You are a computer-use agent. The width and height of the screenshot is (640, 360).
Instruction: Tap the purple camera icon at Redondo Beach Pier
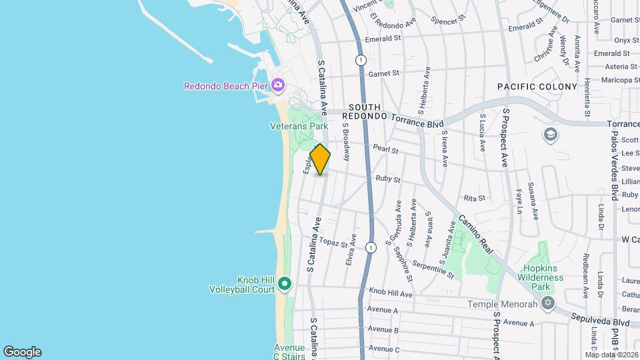(278, 85)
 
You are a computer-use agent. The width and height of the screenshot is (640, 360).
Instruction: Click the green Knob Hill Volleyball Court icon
(285, 285)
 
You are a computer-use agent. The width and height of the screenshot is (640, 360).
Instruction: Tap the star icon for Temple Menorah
(548, 304)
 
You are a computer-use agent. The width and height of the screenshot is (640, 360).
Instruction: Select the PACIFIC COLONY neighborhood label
(537, 87)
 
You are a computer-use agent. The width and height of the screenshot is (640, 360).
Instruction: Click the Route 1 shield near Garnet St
(361, 60)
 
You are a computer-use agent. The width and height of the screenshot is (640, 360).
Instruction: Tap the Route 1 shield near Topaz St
(371, 247)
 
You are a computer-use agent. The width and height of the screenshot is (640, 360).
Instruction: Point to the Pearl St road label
(385, 151)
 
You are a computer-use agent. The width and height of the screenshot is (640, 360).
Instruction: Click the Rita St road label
(474, 199)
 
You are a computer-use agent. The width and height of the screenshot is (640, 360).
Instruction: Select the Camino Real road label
(475, 236)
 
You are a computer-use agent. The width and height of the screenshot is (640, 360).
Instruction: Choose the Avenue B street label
(383, 329)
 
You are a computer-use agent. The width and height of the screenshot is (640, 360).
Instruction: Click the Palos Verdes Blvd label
(629, 173)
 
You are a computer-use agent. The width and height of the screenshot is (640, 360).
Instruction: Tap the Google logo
(22, 352)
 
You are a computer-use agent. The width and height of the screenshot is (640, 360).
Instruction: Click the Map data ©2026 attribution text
(611, 355)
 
